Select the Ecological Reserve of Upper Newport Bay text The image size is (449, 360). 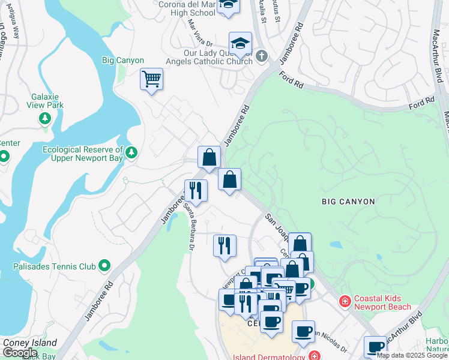click(x=83, y=154)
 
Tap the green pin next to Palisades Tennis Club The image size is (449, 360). click(x=105, y=265)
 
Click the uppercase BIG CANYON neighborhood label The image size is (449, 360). click(x=348, y=202)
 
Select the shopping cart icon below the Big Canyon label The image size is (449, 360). click(x=151, y=79)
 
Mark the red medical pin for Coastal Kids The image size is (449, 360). click(x=345, y=301)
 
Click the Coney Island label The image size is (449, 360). click(x=30, y=343)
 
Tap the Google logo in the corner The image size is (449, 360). click(x=20, y=353)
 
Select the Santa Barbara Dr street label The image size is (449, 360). click(x=190, y=227)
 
